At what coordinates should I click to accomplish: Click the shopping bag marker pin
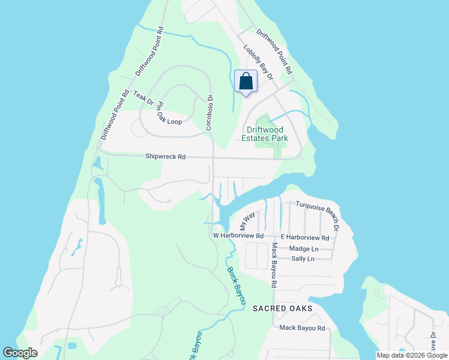[246, 82]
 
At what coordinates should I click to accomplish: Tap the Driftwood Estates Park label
[267, 134]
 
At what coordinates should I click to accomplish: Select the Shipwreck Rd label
[165, 157]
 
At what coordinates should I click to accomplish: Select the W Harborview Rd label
[238, 236]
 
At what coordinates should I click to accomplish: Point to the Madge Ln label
[303, 248]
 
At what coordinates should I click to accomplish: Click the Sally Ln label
[302, 259]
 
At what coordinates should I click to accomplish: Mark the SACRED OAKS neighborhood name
[282, 308]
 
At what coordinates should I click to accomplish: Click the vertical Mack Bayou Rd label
[273, 264]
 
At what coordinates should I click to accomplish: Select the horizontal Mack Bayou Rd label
[302, 328]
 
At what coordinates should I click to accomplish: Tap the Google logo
[20, 353]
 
